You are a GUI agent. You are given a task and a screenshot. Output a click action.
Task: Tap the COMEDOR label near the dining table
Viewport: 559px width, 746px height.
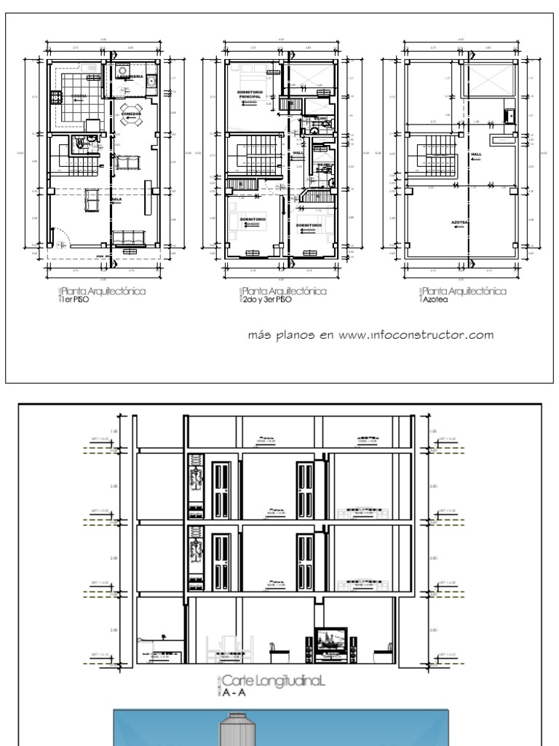(x=131, y=114)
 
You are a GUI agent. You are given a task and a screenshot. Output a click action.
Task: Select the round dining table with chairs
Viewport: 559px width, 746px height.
(x=132, y=123)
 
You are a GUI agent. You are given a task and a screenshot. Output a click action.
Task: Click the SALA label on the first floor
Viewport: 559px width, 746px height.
(x=116, y=198)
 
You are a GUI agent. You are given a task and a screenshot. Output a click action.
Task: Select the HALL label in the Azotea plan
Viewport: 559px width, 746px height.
(x=477, y=154)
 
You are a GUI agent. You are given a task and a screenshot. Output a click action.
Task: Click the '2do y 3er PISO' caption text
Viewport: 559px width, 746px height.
(x=266, y=299)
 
